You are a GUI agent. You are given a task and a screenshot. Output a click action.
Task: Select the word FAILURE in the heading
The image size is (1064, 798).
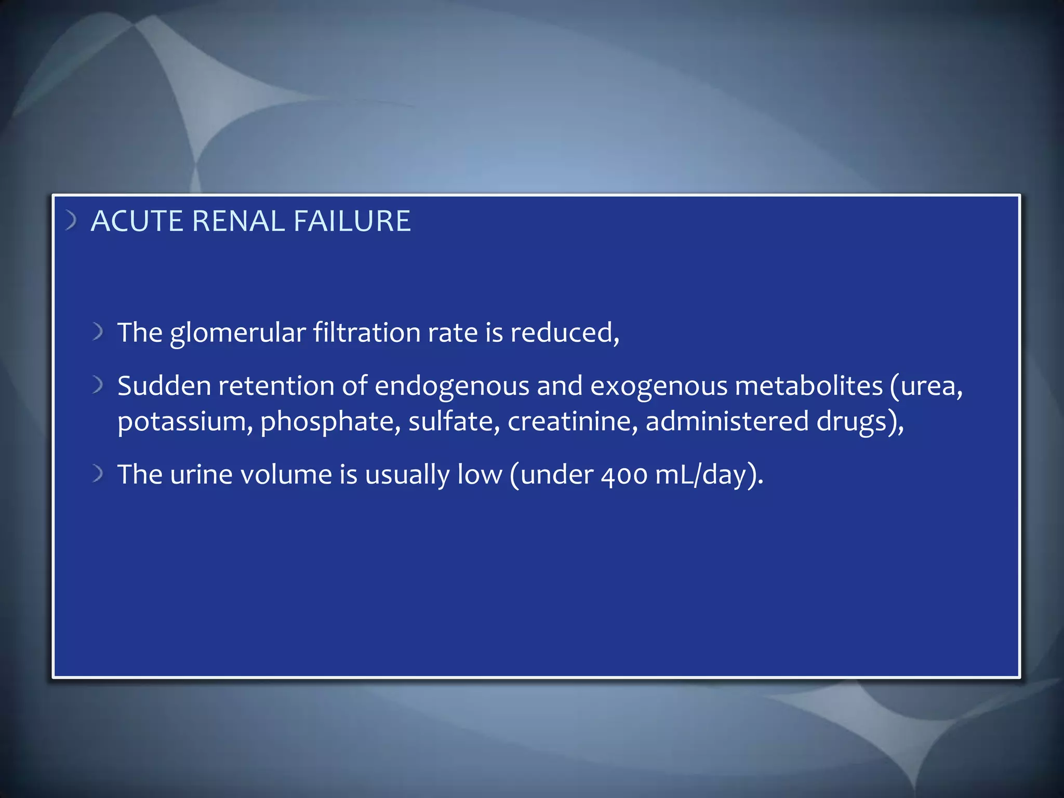click(352, 221)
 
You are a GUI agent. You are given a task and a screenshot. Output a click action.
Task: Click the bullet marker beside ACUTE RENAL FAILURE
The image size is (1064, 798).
click(71, 220)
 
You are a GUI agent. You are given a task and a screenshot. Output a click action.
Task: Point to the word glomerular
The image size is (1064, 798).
click(237, 334)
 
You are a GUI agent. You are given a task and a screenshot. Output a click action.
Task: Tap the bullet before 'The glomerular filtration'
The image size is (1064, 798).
click(98, 331)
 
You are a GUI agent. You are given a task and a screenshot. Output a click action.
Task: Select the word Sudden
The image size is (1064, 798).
click(164, 386)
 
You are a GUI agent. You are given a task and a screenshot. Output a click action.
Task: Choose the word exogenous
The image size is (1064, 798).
click(658, 387)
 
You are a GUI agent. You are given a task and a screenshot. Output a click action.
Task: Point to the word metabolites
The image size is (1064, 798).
click(808, 386)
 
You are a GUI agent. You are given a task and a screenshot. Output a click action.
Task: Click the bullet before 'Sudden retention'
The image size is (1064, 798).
click(98, 385)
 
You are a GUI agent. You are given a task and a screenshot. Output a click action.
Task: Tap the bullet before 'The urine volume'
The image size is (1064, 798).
click(98, 473)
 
